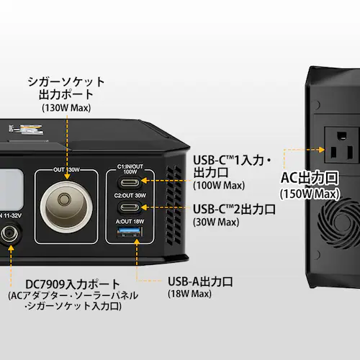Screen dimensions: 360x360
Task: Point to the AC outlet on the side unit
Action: [338, 147]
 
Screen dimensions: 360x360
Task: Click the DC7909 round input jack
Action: [10, 234]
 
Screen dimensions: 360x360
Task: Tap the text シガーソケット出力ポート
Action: [66, 88]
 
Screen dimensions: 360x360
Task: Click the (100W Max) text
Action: [216, 186]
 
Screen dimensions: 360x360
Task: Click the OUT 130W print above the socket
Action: [66, 171]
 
